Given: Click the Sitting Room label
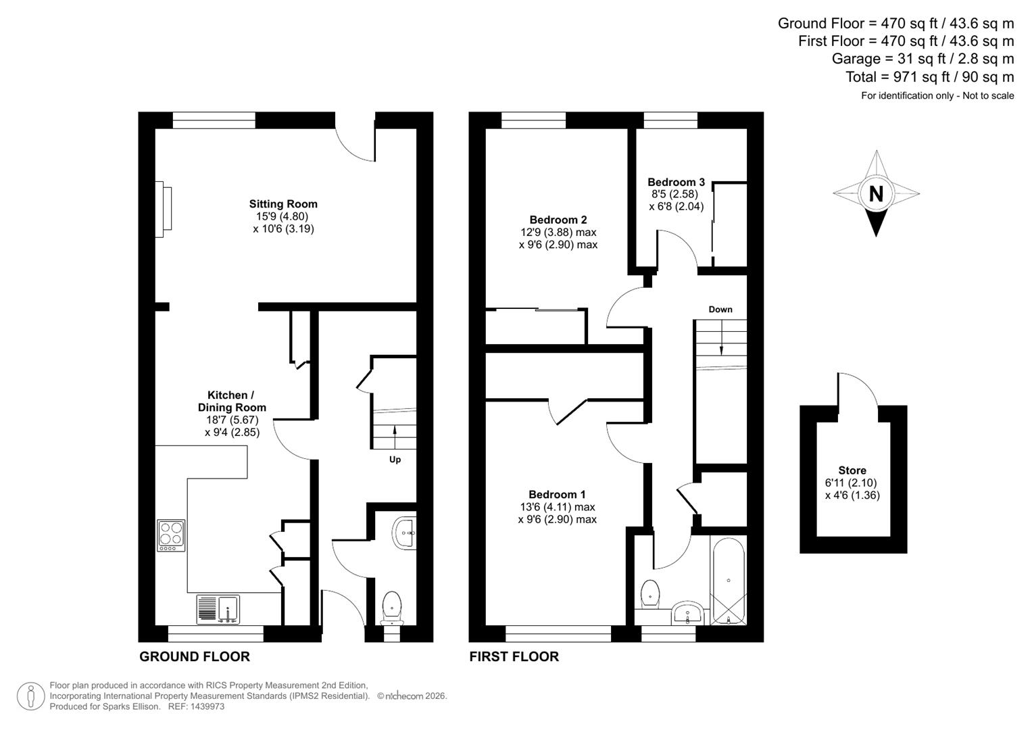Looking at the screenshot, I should pyautogui.click(x=282, y=203).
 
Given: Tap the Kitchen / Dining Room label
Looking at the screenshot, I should pyautogui.click(x=232, y=401).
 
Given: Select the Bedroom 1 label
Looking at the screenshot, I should pyautogui.click(x=557, y=494).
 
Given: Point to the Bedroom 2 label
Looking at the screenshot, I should pyautogui.click(x=558, y=220).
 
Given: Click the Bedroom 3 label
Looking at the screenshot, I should pyautogui.click(x=676, y=182).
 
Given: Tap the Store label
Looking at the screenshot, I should pyautogui.click(x=852, y=470).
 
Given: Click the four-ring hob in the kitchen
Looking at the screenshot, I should pyautogui.click(x=171, y=535).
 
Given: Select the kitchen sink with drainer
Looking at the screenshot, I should pyautogui.click(x=218, y=609).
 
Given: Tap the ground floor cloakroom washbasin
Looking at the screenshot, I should pyautogui.click(x=405, y=533).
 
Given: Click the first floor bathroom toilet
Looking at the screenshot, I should pyautogui.click(x=649, y=592).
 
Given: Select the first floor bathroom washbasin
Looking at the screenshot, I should pyautogui.click(x=688, y=614).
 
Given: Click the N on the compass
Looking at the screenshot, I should pyautogui.click(x=876, y=194).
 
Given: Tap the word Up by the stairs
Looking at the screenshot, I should pyautogui.click(x=395, y=460).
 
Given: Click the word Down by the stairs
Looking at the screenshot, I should pyautogui.click(x=720, y=310).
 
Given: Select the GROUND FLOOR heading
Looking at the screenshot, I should pyautogui.click(x=195, y=656).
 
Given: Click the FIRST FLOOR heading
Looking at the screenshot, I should pyautogui.click(x=514, y=656).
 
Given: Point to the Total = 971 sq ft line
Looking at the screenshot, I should pyautogui.click(x=929, y=77).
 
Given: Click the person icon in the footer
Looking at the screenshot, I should pyautogui.click(x=30, y=696).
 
